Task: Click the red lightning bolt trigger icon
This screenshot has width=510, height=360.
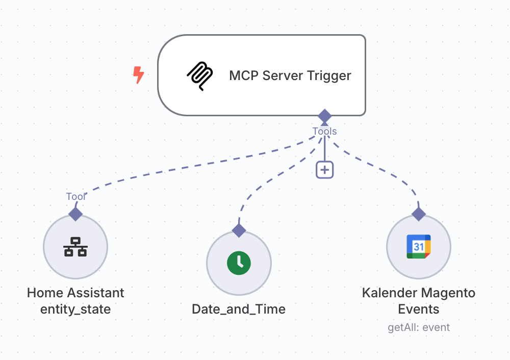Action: pos(138,75)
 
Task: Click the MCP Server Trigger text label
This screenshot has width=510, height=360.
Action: pos(290,75)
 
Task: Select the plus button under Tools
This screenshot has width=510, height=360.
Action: pos(324,170)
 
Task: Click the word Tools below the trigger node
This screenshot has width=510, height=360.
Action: pos(325,132)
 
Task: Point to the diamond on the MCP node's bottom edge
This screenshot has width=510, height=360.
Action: pos(324,116)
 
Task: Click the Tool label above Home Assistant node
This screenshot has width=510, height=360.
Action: pos(75,197)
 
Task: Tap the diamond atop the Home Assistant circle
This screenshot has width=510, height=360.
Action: pos(75,214)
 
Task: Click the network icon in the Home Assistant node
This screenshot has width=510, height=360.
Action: pos(75,247)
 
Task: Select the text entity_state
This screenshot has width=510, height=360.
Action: pos(75,310)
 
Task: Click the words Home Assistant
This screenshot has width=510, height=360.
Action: pos(75,293)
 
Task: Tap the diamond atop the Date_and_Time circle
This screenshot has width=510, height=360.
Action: pos(239,230)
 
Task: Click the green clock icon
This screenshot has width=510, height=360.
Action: pos(239,263)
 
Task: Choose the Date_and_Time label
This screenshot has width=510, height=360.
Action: pos(239,310)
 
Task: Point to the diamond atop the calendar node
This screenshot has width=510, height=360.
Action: pos(419,214)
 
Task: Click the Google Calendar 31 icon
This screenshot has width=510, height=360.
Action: pos(419,247)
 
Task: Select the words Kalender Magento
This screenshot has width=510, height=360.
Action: pos(419,293)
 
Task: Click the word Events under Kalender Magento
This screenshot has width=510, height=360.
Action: pos(419,310)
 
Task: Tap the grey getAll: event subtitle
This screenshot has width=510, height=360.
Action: pos(419,327)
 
